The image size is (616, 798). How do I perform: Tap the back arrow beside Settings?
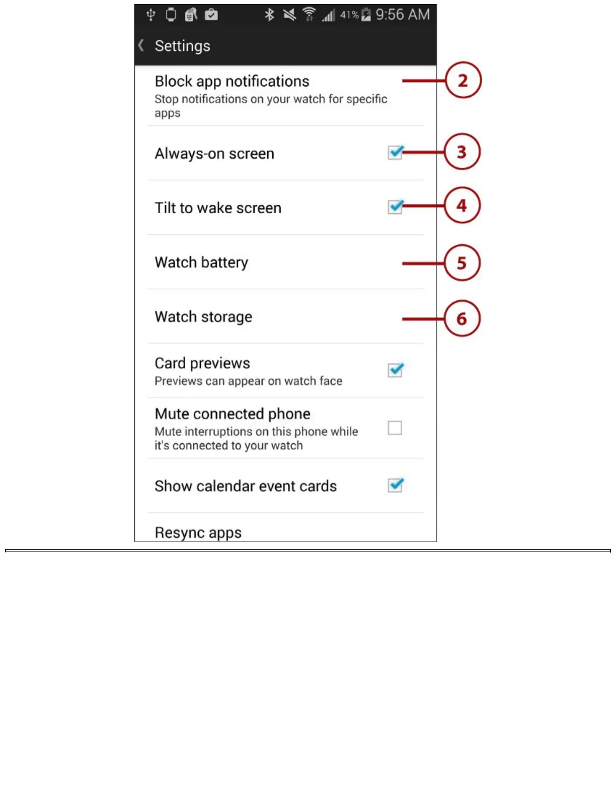click(141, 45)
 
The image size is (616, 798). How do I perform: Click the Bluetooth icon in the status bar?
click(269, 15)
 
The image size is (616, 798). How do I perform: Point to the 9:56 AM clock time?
click(403, 15)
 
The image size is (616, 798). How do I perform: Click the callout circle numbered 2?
click(463, 80)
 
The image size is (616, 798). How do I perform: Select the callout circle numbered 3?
click(462, 152)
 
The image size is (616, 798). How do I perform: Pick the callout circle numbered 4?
click(462, 206)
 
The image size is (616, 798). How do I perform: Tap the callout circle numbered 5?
click(462, 263)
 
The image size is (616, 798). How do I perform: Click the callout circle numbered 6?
click(462, 318)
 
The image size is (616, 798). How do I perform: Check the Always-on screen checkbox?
click(395, 152)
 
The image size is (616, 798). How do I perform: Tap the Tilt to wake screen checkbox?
click(395, 207)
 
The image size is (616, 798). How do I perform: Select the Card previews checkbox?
click(395, 370)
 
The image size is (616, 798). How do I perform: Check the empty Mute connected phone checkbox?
click(395, 428)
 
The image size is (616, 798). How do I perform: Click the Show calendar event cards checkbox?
click(395, 485)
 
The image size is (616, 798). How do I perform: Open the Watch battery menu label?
click(201, 262)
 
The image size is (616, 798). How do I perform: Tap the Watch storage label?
click(203, 317)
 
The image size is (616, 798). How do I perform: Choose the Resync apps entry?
click(198, 533)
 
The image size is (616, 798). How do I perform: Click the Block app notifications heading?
click(232, 81)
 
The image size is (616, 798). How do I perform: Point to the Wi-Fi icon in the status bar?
click(309, 15)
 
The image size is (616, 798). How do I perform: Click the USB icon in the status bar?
click(150, 15)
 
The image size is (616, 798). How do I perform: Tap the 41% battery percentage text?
click(349, 15)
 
